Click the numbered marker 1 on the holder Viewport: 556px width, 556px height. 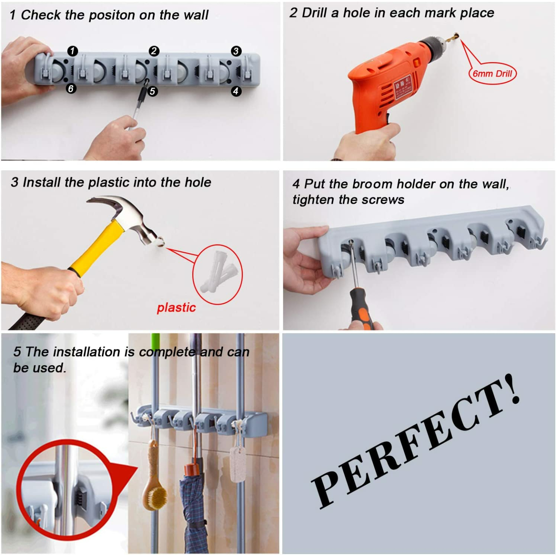(73, 51)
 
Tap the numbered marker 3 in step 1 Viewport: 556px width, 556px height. (236, 51)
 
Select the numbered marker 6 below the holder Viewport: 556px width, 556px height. (71, 88)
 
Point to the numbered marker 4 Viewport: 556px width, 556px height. (236, 91)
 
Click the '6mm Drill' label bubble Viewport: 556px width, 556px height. (492, 73)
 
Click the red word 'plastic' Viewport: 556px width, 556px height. (176, 308)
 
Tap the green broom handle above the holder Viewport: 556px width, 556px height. (155, 342)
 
